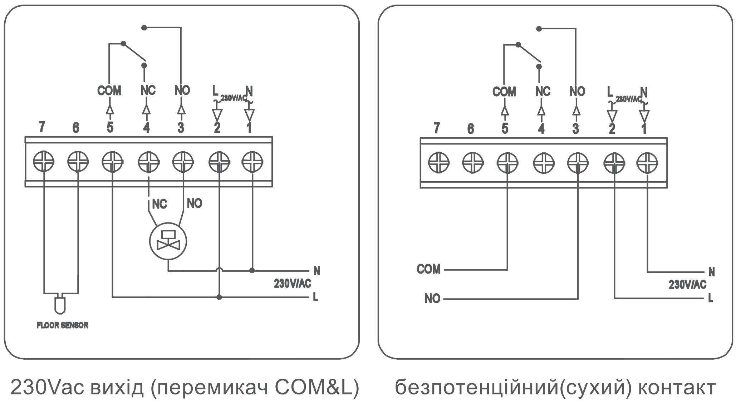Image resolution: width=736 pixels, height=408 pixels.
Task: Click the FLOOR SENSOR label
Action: (63, 325)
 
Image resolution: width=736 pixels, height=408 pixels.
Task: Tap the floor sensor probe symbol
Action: (60, 304)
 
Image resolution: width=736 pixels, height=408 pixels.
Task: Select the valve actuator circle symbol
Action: (168, 242)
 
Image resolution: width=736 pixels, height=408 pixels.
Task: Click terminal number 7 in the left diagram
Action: (42, 127)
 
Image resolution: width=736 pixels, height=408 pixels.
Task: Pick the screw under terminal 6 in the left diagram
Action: (78, 162)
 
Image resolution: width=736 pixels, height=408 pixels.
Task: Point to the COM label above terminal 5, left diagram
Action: (109, 90)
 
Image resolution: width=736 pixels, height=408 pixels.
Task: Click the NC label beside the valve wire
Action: (160, 204)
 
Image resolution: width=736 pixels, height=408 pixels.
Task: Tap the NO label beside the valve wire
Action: (195, 203)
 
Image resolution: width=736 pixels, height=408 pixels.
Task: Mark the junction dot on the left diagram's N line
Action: (252, 271)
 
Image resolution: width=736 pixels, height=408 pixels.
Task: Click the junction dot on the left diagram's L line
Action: (219, 297)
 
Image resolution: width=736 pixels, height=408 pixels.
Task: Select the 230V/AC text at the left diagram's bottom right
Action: (293, 284)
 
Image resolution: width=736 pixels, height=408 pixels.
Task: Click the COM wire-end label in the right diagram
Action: (429, 269)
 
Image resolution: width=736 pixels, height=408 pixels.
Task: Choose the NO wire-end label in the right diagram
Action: (432, 299)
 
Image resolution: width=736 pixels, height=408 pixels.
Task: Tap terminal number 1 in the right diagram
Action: (644, 129)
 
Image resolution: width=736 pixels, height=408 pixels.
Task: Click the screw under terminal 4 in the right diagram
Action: (544, 163)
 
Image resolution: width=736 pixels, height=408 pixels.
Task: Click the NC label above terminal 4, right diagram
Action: (543, 92)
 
